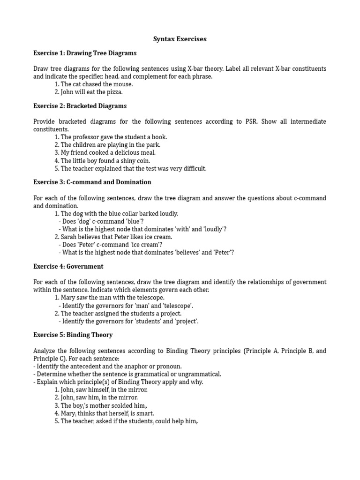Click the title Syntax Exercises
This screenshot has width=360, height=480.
(x=180, y=39)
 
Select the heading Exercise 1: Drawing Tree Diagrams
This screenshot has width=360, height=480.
(x=85, y=53)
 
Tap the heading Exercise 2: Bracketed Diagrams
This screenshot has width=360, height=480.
(x=80, y=106)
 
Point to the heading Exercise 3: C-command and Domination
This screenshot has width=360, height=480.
(x=92, y=182)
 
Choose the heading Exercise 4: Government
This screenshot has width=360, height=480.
(x=68, y=266)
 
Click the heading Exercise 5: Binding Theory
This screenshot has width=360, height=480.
(x=73, y=335)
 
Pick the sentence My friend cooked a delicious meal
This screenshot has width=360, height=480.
(x=108, y=153)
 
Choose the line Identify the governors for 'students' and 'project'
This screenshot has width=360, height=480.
(x=130, y=321)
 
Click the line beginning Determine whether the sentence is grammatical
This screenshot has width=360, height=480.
(x=127, y=374)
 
